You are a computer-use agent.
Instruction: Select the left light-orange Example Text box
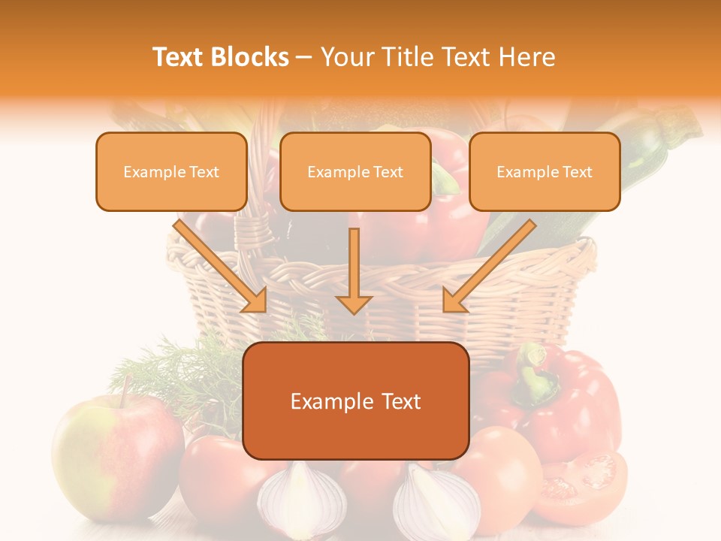(x=171, y=172)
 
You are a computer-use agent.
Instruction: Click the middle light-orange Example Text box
(x=355, y=172)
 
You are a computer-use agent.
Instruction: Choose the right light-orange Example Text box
(x=545, y=172)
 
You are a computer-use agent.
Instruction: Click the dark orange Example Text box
(x=355, y=401)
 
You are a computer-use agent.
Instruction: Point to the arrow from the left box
(x=222, y=266)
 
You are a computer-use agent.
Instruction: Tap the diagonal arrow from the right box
(x=488, y=267)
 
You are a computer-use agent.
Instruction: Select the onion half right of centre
(x=436, y=500)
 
